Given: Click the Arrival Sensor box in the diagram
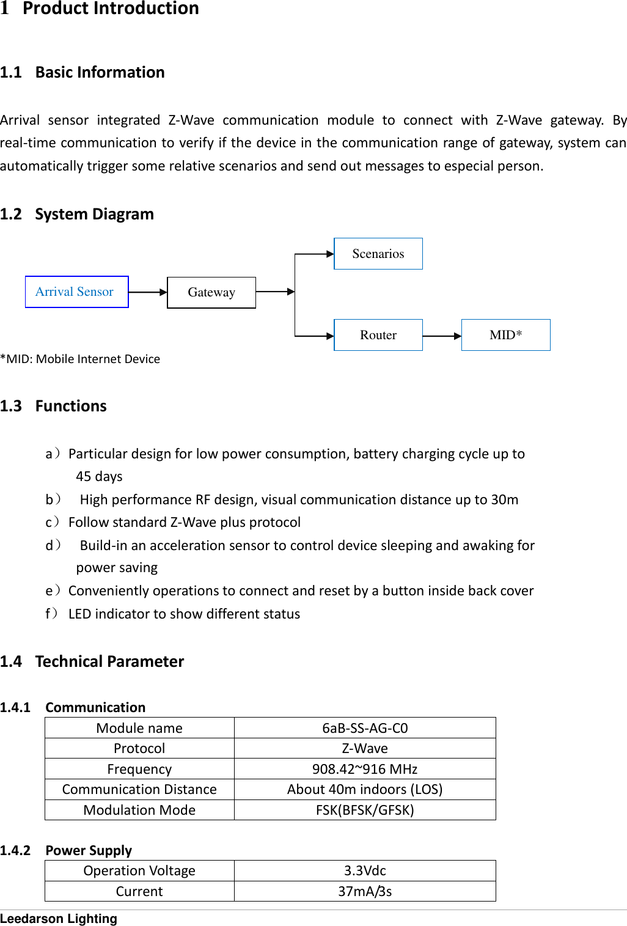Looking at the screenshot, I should click(76, 292).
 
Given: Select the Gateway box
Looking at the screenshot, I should click(211, 292).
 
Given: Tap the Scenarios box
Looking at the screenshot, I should click(378, 254).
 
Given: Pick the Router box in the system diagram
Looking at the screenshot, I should click(378, 335).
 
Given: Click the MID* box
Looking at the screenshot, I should click(505, 335).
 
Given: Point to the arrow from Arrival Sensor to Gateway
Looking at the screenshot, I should click(147, 292).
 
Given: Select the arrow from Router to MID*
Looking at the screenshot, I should click(441, 336).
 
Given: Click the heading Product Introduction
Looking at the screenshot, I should click(111, 9).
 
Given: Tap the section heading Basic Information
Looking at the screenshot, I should click(100, 72).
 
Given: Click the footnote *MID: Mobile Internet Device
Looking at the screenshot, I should click(80, 359).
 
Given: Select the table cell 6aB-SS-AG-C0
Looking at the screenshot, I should click(365, 728).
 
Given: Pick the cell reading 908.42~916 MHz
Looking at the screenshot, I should click(365, 769).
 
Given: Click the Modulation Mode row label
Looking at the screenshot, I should click(139, 810).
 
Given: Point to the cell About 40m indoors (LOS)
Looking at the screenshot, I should click(365, 789).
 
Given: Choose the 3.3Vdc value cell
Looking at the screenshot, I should click(365, 870).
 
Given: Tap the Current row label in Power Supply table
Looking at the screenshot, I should click(139, 891).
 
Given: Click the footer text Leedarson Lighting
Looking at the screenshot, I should click(59, 918).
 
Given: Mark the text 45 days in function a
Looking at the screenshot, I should click(99, 476).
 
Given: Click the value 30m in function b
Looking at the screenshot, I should click(504, 499).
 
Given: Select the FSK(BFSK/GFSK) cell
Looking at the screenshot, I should click(365, 810).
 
